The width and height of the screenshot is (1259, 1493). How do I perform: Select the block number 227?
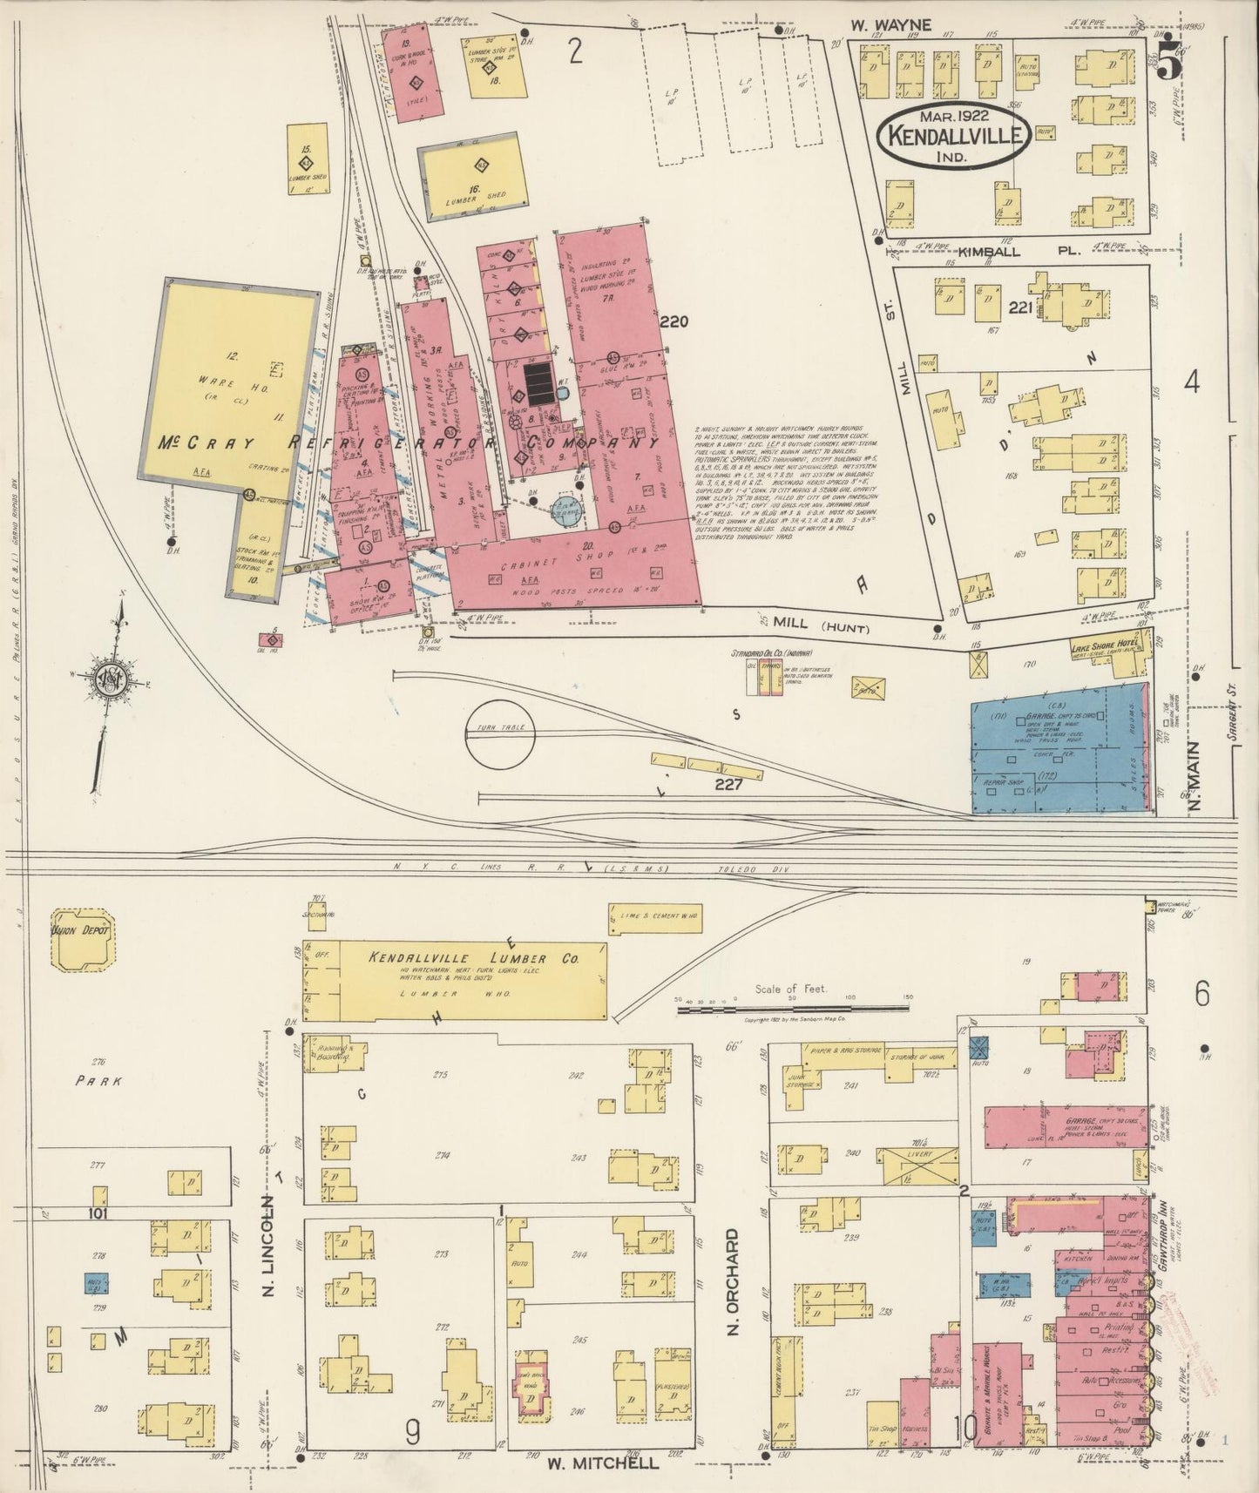coord(728,784)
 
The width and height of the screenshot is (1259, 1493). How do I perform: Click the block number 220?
coord(673,321)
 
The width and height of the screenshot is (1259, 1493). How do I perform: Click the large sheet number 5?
coord(1170,63)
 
